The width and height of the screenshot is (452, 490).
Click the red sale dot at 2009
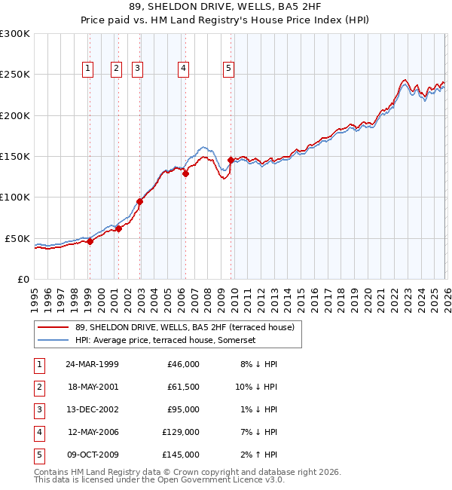coord(231,160)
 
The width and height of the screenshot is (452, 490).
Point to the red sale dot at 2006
coord(185,173)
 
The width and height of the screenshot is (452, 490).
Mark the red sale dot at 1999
coord(90,241)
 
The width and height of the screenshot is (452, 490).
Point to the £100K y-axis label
coord(15,198)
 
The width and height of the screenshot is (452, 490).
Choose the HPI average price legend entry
coord(166,340)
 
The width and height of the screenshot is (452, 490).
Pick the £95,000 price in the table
coord(183,409)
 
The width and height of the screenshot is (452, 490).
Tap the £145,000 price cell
coord(181,455)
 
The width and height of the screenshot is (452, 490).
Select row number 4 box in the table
coord(38,432)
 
